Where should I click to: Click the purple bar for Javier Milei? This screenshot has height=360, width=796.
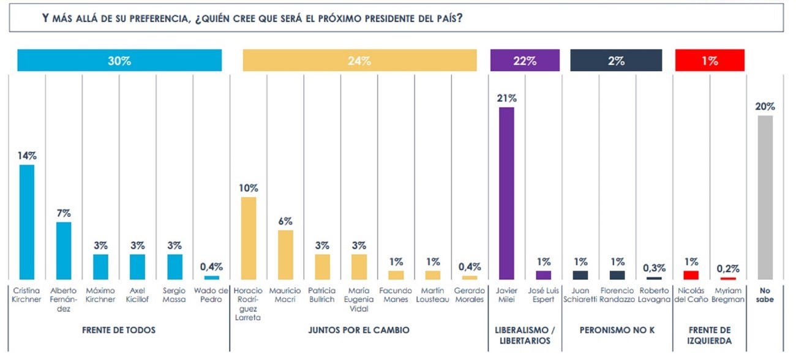pyautogui.click(x=506, y=193)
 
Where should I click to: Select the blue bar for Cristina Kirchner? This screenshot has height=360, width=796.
pyautogui.click(x=27, y=222)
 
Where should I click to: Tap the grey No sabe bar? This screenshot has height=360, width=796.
pyautogui.click(x=765, y=198)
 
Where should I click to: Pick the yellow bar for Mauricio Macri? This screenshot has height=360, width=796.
pyautogui.click(x=285, y=255)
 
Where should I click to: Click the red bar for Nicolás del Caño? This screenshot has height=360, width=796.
pyautogui.click(x=691, y=275)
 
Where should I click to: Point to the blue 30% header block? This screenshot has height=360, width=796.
pyautogui.click(x=119, y=61)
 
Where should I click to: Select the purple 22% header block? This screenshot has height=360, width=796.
pyautogui.click(x=525, y=61)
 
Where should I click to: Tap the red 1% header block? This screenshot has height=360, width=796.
pyautogui.click(x=710, y=61)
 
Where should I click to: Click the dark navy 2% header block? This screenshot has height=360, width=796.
pyautogui.click(x=616, y=61)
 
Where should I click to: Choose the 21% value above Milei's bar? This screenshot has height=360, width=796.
pyautogui.click(x=507, y=98)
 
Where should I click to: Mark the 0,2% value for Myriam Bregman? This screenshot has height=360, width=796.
pyautogui.click(x=728, y=269)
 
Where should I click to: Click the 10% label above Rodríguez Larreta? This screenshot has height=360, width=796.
pyautogui.click(x=249, y=188)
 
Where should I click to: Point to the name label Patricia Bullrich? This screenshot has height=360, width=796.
pyautogui.click(x=322, y=295)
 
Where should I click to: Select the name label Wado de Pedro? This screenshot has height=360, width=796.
pyautogui.click(x=211, y=295)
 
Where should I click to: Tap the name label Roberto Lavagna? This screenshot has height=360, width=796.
pyautogui.click(x=654, y=295)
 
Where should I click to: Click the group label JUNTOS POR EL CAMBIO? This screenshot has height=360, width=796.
pyautogui.click(x=359, y=330)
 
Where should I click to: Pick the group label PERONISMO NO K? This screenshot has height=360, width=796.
pyautogui.click(x=617, y=330)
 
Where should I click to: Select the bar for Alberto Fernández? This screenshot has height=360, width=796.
pyautogui.click(x=64, y=251)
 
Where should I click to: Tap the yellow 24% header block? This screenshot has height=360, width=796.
pyautogui.click(x=359, y=61)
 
